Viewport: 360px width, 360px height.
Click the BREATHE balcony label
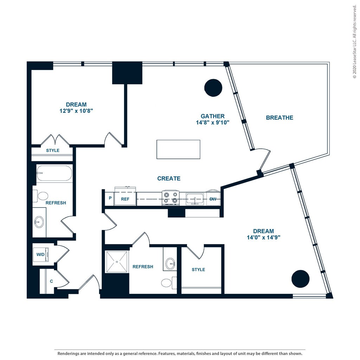click(x=279, y=118)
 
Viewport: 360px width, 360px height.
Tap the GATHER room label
click(x=212, y=116)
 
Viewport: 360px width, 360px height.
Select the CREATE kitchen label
click(x=169, y=179)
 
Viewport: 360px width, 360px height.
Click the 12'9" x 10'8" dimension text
click(x=76, y=111)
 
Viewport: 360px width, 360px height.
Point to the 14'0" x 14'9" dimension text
click(x=263, y=237)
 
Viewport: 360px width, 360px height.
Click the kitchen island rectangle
click(x=178, y=149)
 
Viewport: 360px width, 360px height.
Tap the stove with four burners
click(x=171, y=198)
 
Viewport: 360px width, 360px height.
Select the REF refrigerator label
click(x=126, y=199)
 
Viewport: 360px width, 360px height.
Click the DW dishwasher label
click(x=213, y=199)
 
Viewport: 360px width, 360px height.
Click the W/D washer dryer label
click(x=40, y=255)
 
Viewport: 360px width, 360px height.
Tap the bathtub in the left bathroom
click(x=54, y=173)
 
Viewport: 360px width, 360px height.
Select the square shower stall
click(x=117, y=262)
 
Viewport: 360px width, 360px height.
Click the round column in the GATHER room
click(x=213, y=88)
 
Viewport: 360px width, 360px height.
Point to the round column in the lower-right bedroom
click(x=301, y=279)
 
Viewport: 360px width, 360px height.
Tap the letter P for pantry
click(x=110, y=198)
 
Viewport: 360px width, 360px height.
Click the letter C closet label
click(x=51, y=281)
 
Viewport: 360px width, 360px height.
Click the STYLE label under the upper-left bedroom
click(x=53, y=150)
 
